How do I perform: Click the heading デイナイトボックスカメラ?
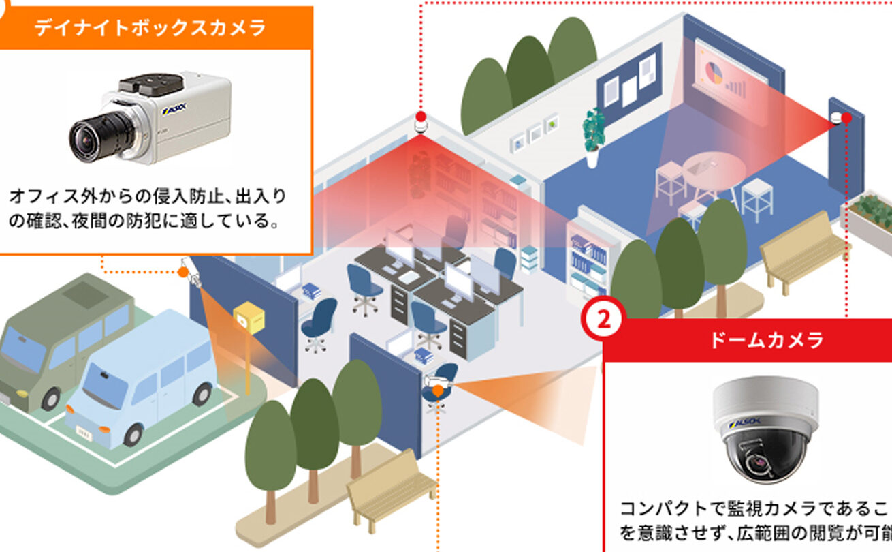(x=150, y=28)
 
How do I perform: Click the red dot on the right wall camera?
(x=846, y=118)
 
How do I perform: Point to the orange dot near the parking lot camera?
(x=182, y=272)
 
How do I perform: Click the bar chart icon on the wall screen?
(x=736, y=85)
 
